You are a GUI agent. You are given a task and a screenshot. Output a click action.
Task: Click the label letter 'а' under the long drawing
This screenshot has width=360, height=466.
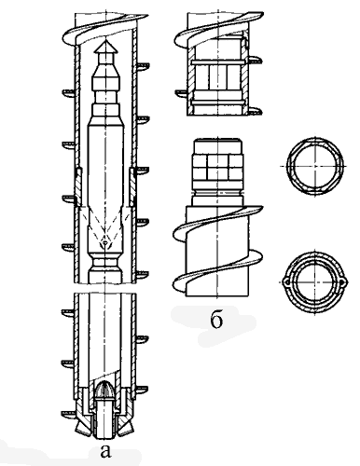click(x=105, y=451)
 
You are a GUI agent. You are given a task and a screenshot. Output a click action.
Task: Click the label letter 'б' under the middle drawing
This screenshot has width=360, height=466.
click(x=216, y=320)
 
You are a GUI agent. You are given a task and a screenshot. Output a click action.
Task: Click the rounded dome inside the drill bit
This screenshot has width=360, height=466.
click(x=105, y=390)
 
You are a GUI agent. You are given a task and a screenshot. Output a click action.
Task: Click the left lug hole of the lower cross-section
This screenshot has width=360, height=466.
click(x=286, y=282)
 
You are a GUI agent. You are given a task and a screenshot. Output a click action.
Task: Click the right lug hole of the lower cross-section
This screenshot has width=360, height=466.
click(x=342, y=282)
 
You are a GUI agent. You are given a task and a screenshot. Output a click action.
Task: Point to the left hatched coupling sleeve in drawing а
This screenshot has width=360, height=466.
click(x=78, y=187)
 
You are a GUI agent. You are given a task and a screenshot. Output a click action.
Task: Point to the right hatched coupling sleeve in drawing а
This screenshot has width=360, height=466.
click(x=132, y=187)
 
